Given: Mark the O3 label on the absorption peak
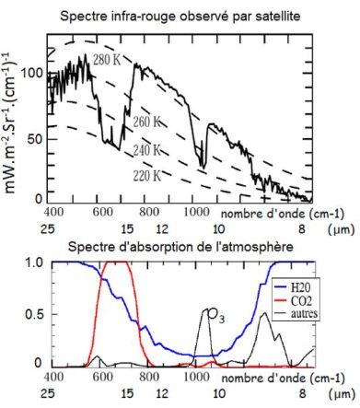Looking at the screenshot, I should (215, 318).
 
